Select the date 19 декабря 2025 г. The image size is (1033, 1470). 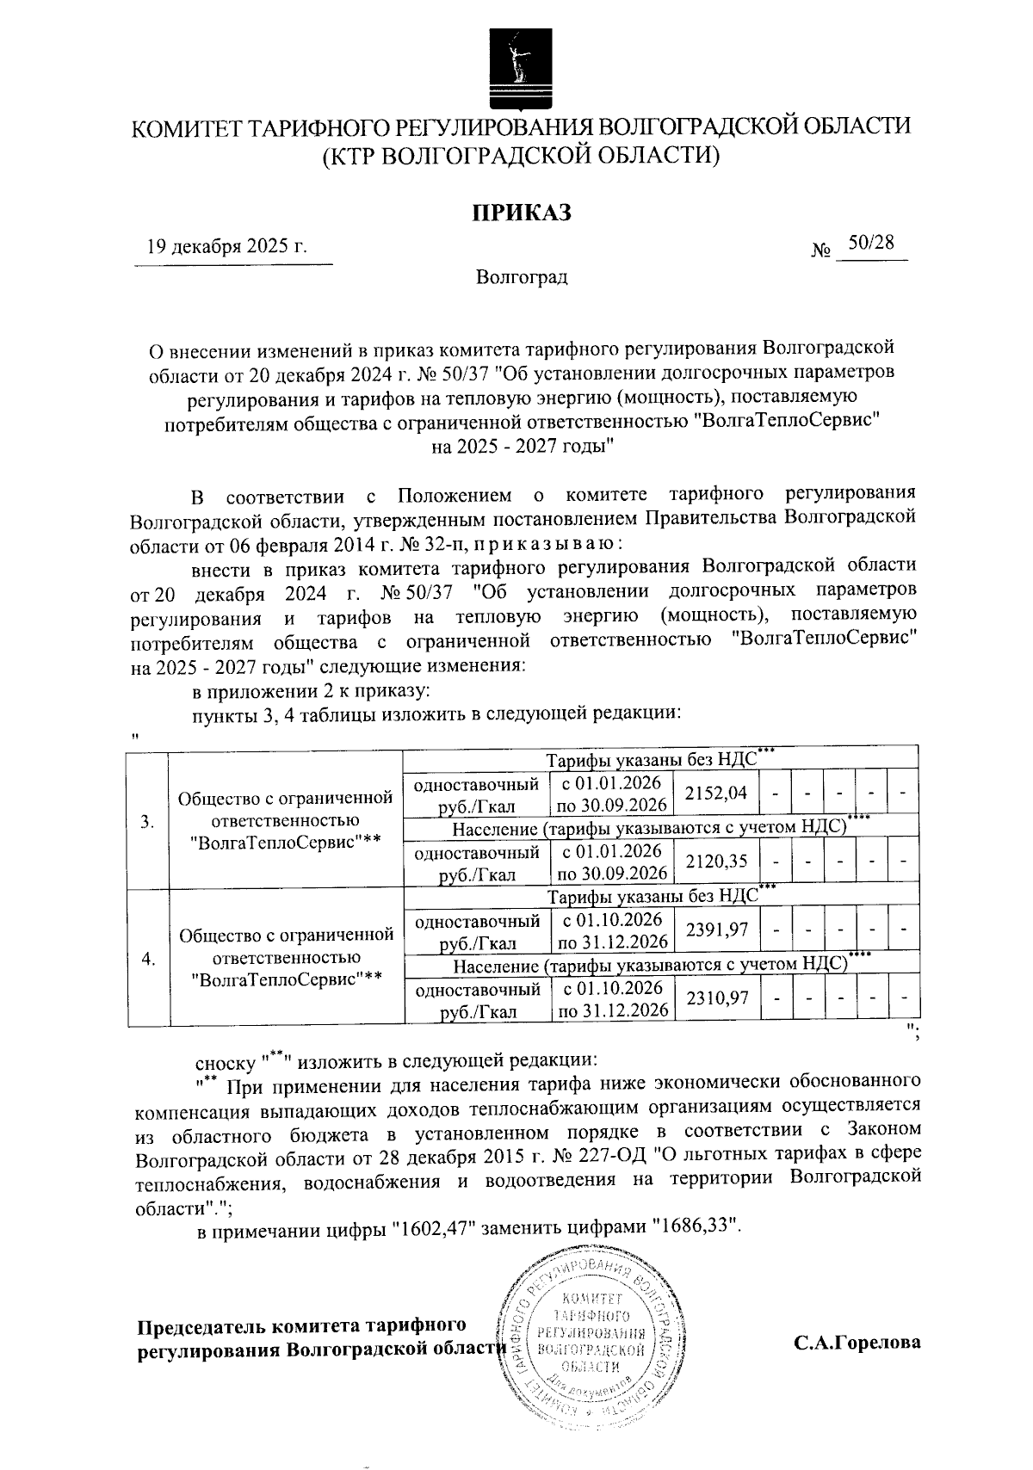click(227, 247)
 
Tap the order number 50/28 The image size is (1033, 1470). click(871, 244)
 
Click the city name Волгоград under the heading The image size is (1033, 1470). click(521, 278)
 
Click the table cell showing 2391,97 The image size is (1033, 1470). click(716, 930)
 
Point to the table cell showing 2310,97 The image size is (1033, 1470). click(716, 998)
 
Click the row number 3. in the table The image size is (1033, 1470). click(147, 820)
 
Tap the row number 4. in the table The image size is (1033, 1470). click(147, 958)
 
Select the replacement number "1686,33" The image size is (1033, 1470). click(696, 1230)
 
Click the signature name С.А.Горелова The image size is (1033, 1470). click(857, 1342)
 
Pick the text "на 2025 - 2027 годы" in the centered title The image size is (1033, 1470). click(521, 447)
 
